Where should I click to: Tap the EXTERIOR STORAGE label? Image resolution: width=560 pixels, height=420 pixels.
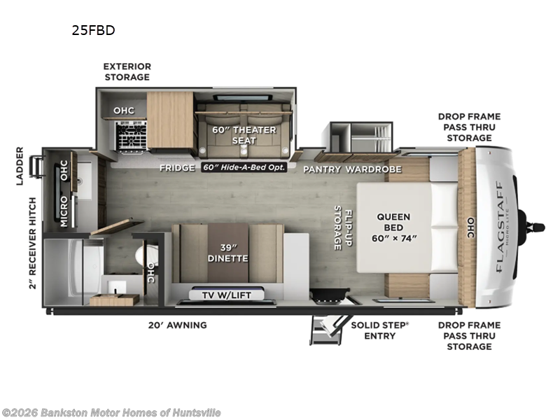point(127,71)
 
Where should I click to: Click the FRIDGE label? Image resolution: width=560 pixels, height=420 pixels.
point(177,168)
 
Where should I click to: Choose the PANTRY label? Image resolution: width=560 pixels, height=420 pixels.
point(321,169)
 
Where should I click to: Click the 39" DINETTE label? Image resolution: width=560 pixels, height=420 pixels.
point(227,253)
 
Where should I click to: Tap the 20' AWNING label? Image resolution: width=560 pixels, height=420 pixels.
point(177,325)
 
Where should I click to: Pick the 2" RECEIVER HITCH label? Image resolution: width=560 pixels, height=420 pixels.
point(32,244)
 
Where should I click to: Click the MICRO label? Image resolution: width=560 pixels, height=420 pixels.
point(63,211)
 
